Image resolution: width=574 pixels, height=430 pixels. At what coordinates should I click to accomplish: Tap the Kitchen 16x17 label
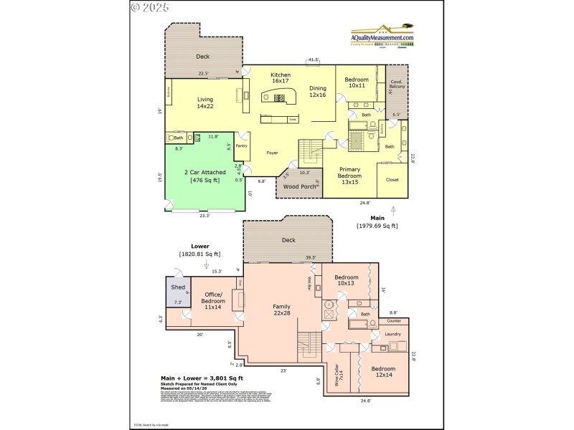[x=280, y=78]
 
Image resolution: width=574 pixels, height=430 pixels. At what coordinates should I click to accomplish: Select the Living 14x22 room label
[x=205, y=103]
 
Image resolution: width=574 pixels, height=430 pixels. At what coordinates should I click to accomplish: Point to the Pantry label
[x=242, y=145]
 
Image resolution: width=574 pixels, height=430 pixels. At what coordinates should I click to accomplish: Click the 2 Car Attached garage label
[x=205, y=176]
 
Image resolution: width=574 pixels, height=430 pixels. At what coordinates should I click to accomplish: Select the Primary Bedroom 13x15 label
[x=349, y=172]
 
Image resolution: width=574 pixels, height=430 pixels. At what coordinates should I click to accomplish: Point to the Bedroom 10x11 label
[x=357, y=82]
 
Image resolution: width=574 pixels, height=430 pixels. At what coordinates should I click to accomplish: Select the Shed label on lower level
[x=178, y=287]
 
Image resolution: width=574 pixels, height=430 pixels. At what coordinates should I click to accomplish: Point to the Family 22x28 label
[x=281, y=310]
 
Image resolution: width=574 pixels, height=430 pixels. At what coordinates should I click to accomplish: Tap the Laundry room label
[x=392, y=334]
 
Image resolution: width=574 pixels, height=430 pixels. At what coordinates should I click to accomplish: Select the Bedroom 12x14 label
[x=382, y=372]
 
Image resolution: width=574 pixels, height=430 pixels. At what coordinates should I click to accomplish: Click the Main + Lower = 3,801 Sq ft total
[x=201, y=378]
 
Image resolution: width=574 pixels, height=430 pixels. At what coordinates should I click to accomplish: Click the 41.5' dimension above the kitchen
[x=314, y=59]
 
